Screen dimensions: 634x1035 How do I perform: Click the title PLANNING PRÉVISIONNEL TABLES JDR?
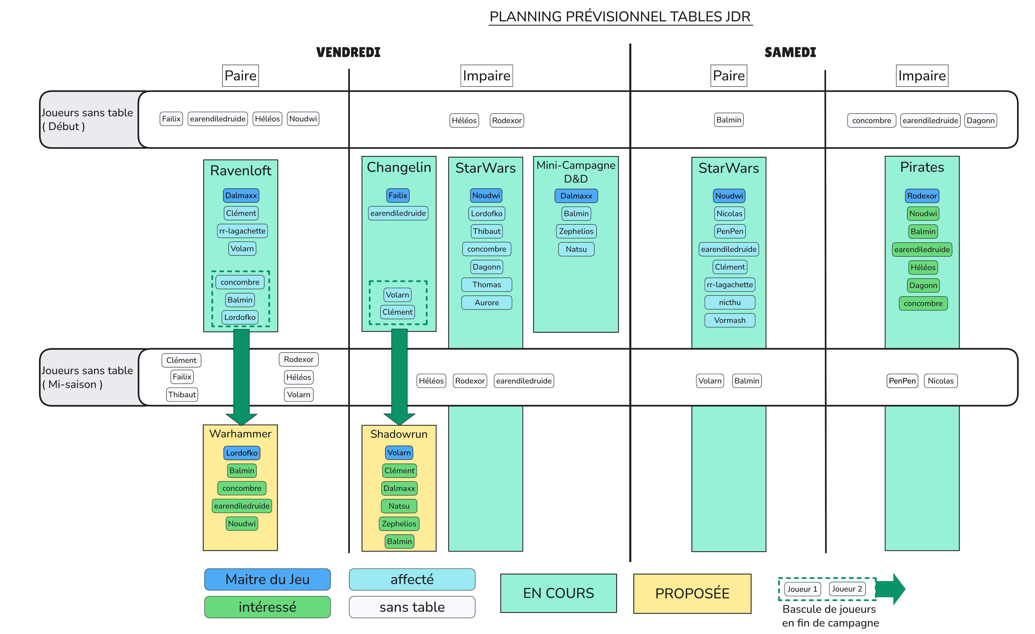pyautogui.click(x=620, y=17)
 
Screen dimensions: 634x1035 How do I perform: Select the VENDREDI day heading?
pyautogui.click(x=348, y=53)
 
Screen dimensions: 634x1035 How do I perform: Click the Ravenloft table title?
pyautogui.click(x=241, y=171)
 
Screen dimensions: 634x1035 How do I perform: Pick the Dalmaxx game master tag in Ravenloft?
pyautogui.click(x=241, y=195)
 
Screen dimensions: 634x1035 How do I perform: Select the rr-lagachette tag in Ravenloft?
pyautogui.click(x=242, y=231)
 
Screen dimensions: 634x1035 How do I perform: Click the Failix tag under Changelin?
pyautogui.click(x=398, y=195)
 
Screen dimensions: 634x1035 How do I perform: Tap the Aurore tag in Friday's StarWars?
pyautogui.click(x=486, y=302)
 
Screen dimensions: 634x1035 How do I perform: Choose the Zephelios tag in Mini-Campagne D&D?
pyautogui.click(x=576, y=231)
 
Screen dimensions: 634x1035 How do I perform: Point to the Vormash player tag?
pyautogui.click(x=730, y=320)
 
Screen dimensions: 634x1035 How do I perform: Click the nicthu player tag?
pyautogui.click(x=730, y=302)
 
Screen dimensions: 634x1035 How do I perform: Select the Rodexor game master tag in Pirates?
pyautogui.click(x=922, y=196)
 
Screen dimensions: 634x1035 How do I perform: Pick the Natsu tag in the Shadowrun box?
pyautogui.click(x=399, y=506)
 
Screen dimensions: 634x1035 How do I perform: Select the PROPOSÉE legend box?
pyautogui.click(x=692, y=593)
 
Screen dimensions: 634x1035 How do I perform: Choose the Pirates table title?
pyautogui.click(x=922, y=167)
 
